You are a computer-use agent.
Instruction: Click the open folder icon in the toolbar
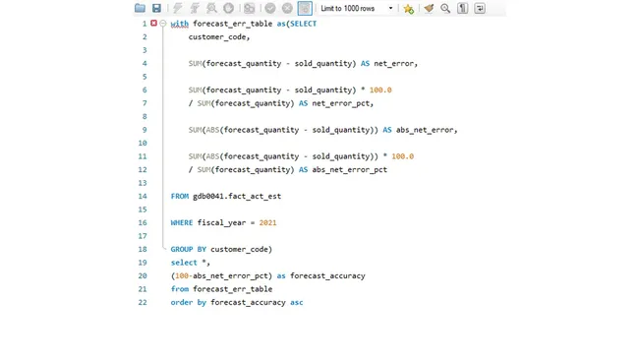click(141, 8)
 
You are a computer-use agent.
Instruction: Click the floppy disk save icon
click(156, 8)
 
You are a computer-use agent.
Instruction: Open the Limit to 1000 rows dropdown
click(356, 8)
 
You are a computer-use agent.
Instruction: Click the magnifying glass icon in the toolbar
click(445, 8)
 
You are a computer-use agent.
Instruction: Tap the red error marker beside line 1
click(153, 24)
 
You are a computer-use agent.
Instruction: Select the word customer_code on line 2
click(219, 37)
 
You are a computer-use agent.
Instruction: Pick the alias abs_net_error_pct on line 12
click(350, 170)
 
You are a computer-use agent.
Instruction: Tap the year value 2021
click(267, 223)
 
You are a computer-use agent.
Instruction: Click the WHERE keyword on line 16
click(182, 223)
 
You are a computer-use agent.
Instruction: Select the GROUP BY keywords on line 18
click(189, 250)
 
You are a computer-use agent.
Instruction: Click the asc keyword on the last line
click(297, 303)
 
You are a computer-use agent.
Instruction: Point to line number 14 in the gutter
click(143, 197)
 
